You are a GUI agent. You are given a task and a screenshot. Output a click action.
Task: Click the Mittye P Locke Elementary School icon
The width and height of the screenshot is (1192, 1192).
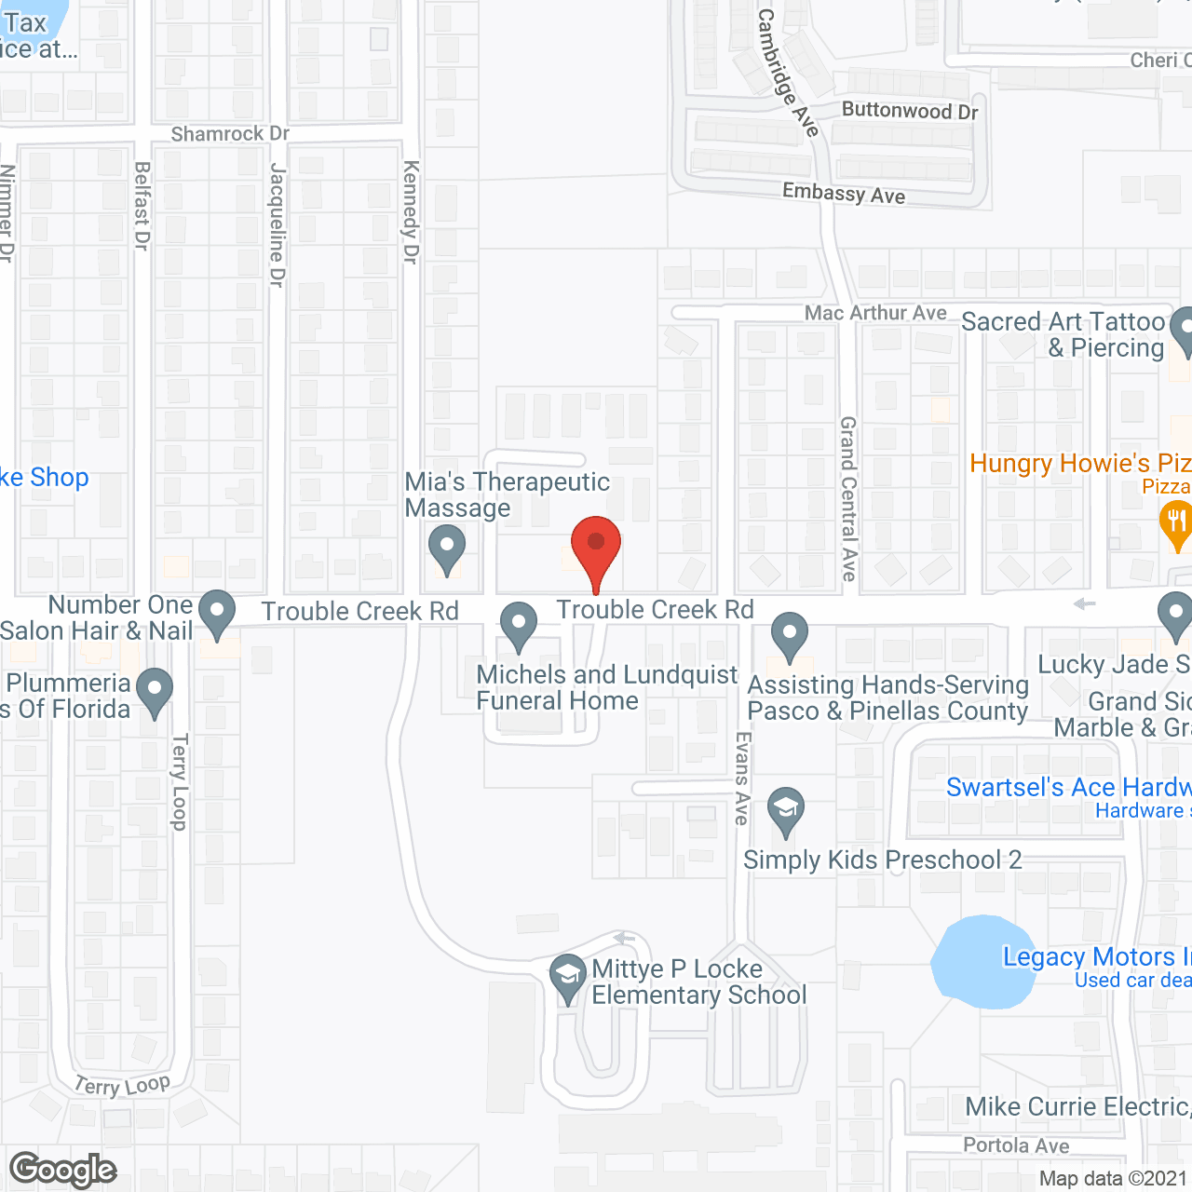[566, 977]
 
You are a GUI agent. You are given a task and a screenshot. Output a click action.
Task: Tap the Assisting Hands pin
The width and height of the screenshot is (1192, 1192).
[790, 635]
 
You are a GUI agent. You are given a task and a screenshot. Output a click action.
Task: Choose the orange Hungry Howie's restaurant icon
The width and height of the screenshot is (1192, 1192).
[1176, 522]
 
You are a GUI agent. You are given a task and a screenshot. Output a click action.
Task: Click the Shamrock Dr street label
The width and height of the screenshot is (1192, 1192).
[230, 134]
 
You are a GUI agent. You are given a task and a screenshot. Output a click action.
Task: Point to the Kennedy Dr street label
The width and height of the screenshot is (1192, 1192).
[411, 211]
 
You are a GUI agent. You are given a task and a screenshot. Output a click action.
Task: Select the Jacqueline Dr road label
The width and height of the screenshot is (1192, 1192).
[277, 224]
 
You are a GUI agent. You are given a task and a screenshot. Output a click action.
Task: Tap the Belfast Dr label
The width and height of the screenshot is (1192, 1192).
[142, 206]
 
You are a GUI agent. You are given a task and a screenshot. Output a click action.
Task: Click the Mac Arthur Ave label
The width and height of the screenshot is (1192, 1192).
[875, 313]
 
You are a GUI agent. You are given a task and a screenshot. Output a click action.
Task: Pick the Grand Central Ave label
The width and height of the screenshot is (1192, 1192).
[848, 498]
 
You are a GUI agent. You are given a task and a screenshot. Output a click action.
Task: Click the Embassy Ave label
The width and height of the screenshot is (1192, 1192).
[844, 194]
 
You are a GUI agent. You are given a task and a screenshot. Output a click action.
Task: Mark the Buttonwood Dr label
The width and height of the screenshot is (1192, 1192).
[910, 111]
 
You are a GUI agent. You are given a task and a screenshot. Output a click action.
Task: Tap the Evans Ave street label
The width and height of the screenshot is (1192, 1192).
[742, 778]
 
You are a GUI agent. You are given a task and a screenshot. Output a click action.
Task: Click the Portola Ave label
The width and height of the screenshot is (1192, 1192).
[1016, 1145]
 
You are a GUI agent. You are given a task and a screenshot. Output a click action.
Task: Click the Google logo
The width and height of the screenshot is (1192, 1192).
[63, 1170]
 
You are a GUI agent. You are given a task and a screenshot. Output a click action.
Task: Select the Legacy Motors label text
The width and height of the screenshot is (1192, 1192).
[1089, 957]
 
